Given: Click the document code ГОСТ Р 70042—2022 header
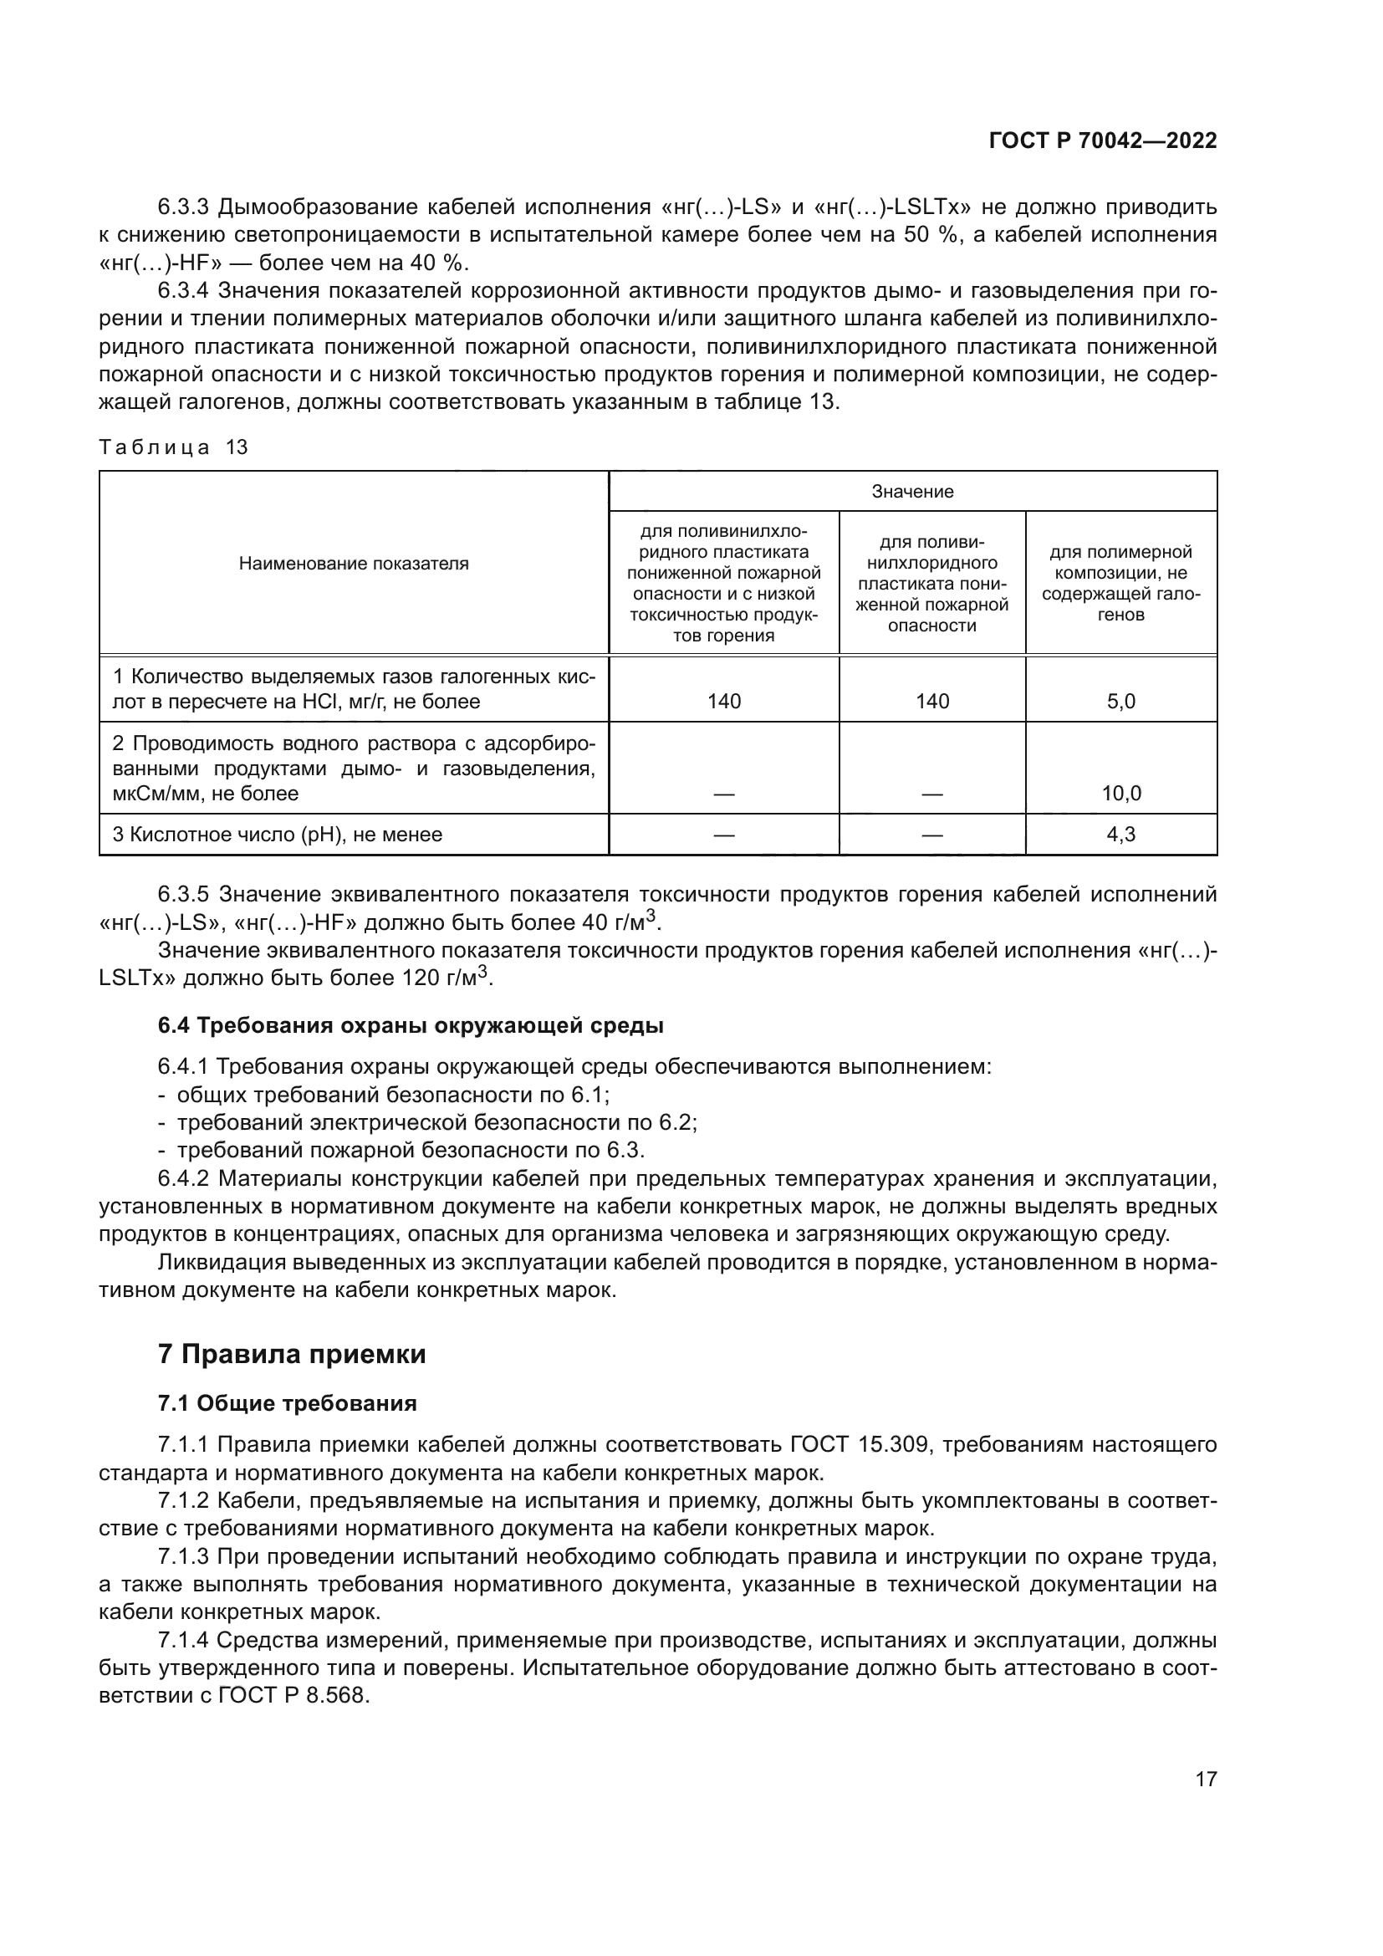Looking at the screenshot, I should pos(1102,141).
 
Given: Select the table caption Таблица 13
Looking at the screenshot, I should pos(174,447).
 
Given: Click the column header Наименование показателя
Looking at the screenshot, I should pos(354,563).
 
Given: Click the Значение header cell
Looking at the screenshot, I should pos(912,492).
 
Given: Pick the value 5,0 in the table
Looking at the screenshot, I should pos(1120,701).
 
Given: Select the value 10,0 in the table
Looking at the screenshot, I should pos(1120,793).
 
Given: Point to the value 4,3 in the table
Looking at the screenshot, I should pos(1120,834).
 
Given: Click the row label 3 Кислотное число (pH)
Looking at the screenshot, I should pos(278,834).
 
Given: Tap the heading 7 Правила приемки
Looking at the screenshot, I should pos(291,1354).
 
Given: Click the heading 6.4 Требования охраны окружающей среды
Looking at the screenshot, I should pos(411,1025).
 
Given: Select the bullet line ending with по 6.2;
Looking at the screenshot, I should pos(436,1123).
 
